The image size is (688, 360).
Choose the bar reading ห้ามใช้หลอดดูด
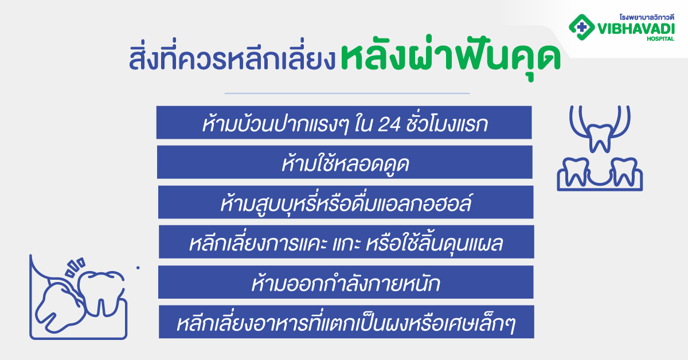(345, 162)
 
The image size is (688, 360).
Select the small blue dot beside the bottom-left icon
(138, 267)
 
